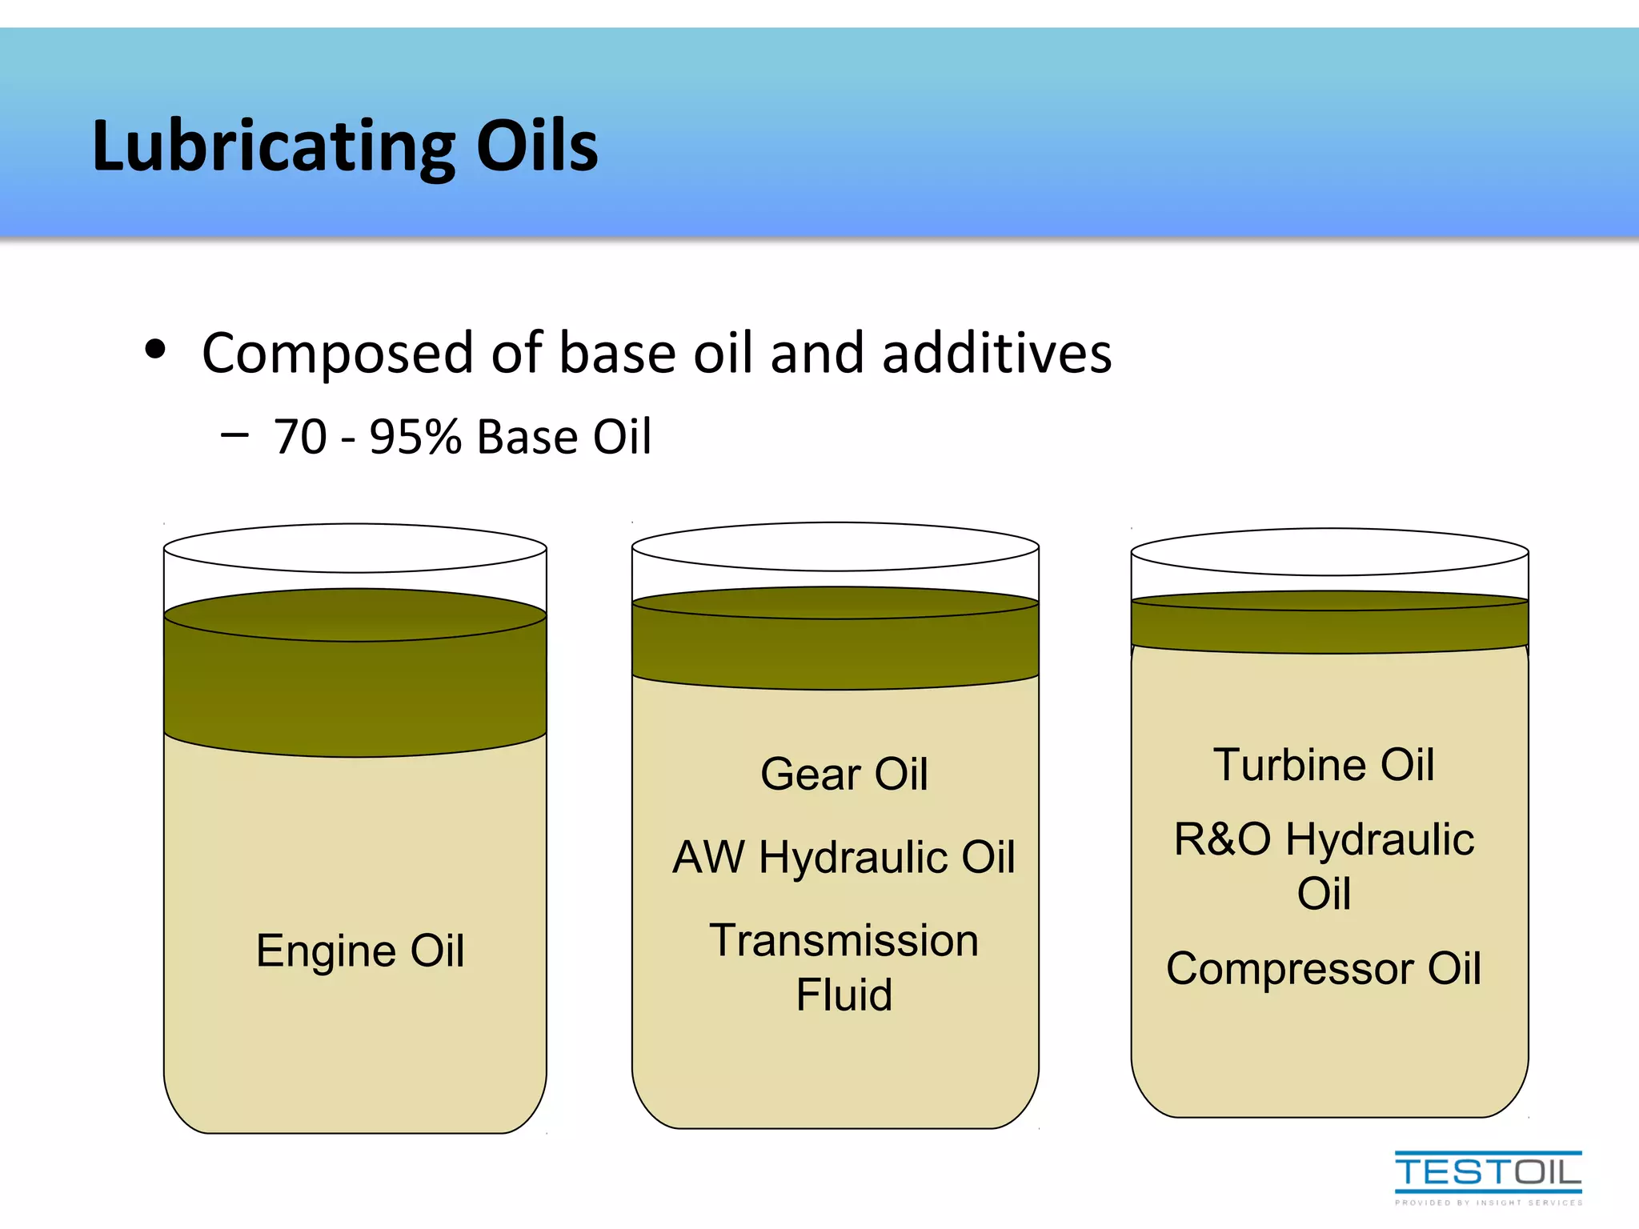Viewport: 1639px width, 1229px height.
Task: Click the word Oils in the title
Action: (537, 146)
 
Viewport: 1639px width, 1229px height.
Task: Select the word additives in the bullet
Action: (996, 353)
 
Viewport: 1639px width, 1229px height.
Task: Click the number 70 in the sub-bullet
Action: (300, 437)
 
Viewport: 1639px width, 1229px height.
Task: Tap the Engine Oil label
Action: (360, 951)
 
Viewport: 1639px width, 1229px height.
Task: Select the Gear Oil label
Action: (844, 774)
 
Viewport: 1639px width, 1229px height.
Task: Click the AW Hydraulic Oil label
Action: (844, 857)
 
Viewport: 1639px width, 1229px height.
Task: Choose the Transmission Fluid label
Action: (844, 967)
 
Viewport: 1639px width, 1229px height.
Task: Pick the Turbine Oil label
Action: (1324, 764)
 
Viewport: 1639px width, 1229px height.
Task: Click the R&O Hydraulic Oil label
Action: (1324, 865)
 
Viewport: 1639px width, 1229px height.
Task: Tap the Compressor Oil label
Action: (1324, 968)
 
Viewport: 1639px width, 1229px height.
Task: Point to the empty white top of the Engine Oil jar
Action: (355, 549)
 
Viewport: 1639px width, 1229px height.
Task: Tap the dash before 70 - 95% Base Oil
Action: (234, 435)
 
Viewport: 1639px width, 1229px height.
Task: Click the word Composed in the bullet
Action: (337, 353)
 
